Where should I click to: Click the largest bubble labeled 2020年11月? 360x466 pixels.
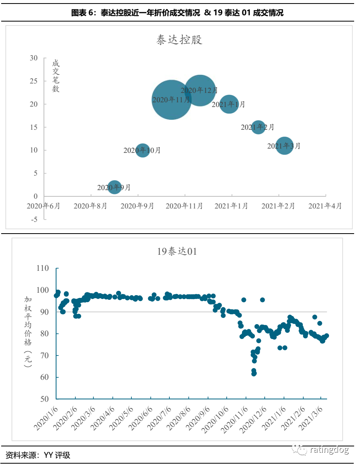[171, 100]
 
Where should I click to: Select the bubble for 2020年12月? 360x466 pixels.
[200, 90]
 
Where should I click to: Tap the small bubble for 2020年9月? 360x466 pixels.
[114, 187]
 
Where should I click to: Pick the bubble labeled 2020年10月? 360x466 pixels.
[142, 150]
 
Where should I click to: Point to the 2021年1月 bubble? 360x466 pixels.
[229, 104]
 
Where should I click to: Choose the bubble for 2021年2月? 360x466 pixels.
[258, 127]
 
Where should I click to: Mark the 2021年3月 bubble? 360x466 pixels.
[284, 146]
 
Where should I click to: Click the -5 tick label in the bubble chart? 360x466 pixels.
[34, 219]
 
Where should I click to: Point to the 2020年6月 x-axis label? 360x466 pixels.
[44, 206]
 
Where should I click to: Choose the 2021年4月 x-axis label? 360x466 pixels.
[325, 206]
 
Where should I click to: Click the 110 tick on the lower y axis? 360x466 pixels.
[42, 268]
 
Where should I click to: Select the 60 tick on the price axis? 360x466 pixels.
[44, 377]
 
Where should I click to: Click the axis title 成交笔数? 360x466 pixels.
[56, 76]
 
